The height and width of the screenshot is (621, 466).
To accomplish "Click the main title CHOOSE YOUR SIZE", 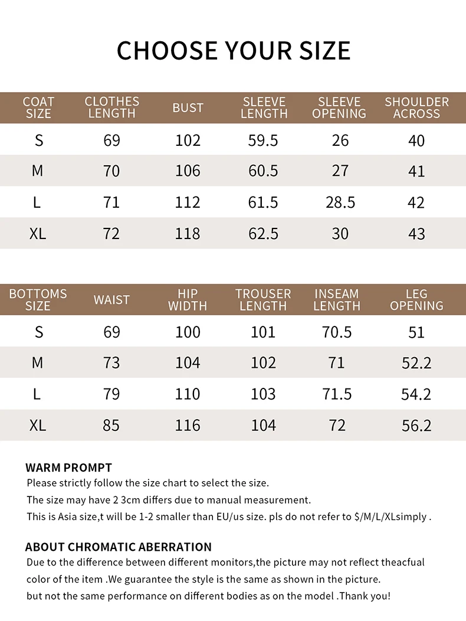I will (x=234, y=51).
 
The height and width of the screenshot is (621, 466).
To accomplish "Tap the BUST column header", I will (x=188, y=108).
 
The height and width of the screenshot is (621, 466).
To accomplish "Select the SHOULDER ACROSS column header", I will (x=416, y=108).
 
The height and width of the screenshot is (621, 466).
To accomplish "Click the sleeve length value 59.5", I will (x=263, y=140).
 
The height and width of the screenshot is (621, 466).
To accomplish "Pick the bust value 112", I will (x=188, y=202).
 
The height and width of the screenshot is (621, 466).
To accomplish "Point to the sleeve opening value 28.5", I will (x=340, y=202).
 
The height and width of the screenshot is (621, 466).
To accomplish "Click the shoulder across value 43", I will (x=416, y=234).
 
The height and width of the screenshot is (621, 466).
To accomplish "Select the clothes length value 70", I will (x=111, y=171).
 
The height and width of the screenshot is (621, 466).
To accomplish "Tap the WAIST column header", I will (x=111, y=300).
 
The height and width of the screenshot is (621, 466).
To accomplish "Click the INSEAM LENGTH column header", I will (x=337, y=300).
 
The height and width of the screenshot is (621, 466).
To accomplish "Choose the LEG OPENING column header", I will (x=416, y=300).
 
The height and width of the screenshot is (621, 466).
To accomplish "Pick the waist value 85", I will (x=111, y=425).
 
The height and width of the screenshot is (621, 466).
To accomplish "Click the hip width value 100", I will (x=188, y=332).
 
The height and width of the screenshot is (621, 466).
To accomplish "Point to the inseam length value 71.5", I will (x=337, y=394).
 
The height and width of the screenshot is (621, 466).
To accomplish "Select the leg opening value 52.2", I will (x=416, y=363).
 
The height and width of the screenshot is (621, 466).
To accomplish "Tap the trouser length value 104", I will (x=263, y=425).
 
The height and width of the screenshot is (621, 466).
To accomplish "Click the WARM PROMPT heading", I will (x=68, y=468).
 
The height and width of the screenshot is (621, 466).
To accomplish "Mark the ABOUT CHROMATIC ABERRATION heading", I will (x=118, y=547).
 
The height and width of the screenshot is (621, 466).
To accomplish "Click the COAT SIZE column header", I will (x=38, y=108).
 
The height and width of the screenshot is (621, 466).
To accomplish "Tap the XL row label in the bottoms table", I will (x=38, y=425).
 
